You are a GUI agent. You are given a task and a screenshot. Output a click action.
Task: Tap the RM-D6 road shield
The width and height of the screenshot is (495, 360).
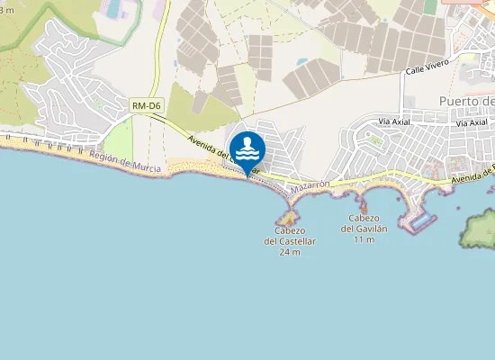click(145, 106)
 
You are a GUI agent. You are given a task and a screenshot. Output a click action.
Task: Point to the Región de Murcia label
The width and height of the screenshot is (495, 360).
click(125, 163)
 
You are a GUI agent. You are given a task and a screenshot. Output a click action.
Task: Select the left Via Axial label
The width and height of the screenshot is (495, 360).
click(394, 121)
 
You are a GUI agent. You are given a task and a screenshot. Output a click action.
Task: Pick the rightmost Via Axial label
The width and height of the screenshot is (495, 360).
click(472, 122)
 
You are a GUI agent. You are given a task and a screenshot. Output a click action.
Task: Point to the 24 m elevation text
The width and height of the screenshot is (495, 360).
click(289, 252)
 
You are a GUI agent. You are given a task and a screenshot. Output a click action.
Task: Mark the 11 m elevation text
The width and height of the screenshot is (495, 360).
click(364, 239)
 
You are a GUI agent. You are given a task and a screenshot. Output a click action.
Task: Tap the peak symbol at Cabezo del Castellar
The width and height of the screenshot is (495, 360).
click(289, 217)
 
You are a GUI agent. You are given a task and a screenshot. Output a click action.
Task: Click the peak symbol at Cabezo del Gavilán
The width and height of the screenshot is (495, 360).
click(364, 209)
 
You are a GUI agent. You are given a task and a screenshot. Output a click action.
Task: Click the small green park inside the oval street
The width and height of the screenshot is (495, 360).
click(375, 140)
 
